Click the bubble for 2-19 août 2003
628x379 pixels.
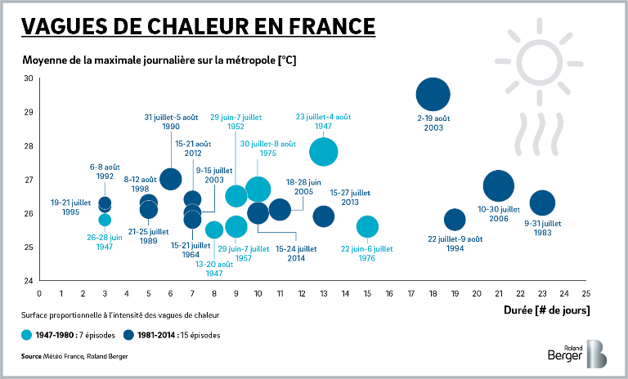pyautogui.click(x=433, y=95)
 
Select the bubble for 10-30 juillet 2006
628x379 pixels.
pyautogui.click(x=498, y=186)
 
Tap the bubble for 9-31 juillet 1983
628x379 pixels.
pyautogui.click(x=542, y=203)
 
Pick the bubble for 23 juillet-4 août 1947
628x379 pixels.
pyautogui.click(x=324, y=151)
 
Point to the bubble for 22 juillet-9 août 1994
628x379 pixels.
pyautogui.click(x=455, y=220)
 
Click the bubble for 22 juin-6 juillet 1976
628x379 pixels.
pyautogui.click(x=367, y=226)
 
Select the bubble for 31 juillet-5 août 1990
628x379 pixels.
pyautogui.click(x=170, y=179)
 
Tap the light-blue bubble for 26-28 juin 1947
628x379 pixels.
pyautogui.click(x=105, y=220)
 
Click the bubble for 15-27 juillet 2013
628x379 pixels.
pyautogui.click(x=324, y=216)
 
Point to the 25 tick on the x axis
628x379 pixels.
pyautogui.click(x=585, y=292)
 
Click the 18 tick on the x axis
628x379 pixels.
pyautogui.click(x=433, y=292)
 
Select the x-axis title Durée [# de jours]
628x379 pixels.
pyautogui.click(x=548, y=310)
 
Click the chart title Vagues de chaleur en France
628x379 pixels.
pyautogui.click(x=199, y=26)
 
